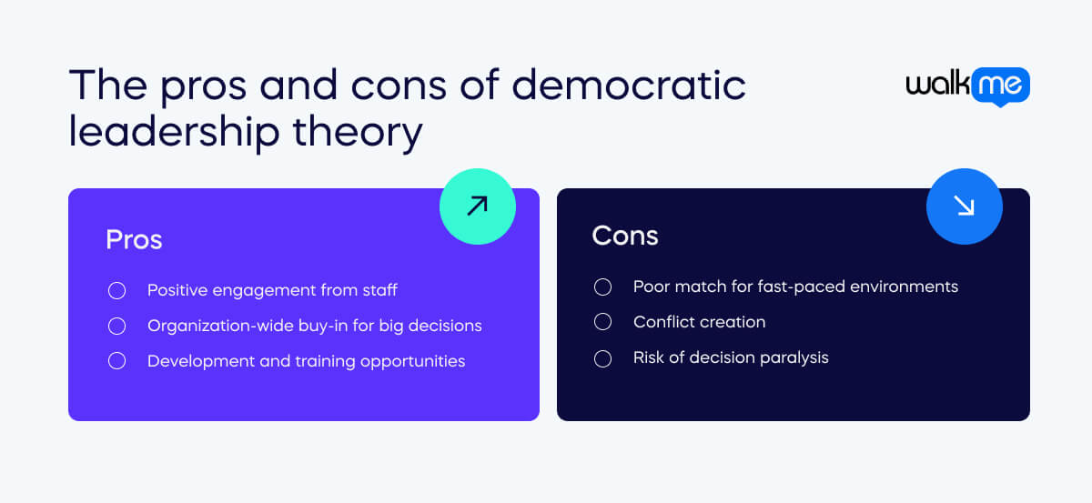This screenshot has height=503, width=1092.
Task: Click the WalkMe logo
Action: pos(967,86)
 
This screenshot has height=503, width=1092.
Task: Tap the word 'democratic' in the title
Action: pos(629,86)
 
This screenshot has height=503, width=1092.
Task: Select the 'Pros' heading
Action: pos(134,239)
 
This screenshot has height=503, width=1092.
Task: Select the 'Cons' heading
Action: pos(624,236)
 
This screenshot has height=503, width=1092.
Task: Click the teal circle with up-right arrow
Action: pos(477,206)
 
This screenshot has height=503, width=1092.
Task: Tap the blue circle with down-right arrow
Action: pos(964,207)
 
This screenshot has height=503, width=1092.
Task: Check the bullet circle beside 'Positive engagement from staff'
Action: pos(116,291)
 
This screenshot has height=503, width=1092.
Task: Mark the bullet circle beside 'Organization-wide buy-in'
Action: pos(116,326)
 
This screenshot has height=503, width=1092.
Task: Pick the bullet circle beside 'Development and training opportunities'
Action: pos(116,361)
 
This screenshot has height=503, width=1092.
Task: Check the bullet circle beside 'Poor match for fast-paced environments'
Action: pos(602,287)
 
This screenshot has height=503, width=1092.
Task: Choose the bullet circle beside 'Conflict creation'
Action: pos(602,322)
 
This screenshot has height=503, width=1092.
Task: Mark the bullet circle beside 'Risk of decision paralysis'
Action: pos(602,357)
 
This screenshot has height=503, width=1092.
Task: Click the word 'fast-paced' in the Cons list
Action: pos(788,287)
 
